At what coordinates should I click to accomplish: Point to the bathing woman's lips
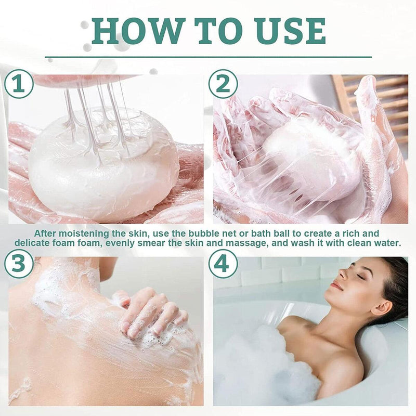[x=337, y=285]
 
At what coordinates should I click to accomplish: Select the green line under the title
[x=208, y=57]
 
